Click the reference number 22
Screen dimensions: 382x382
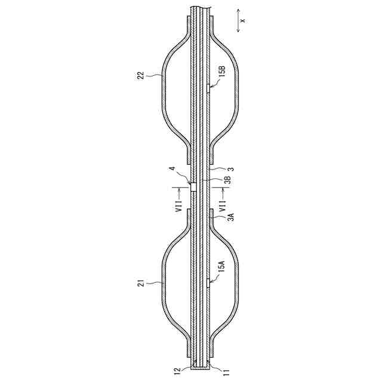tap(141, 75)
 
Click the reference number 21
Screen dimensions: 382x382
tap(141, 283)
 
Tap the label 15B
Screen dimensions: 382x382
tap(222, 72)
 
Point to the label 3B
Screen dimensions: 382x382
tap(227, 180)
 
